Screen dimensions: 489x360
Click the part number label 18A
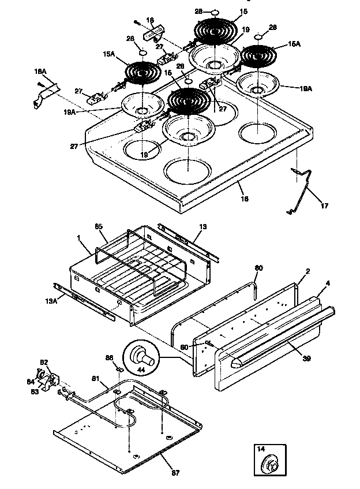pos(40,72)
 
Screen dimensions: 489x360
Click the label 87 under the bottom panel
pos(175,473)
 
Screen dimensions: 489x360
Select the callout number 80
pos(258,268)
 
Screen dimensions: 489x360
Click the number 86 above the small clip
pos(110,358)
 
